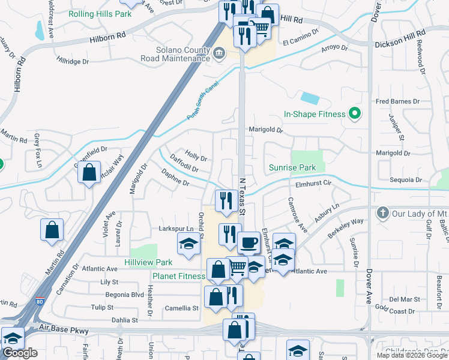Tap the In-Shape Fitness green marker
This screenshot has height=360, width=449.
(354, 113)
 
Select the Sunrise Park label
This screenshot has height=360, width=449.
(292, 167)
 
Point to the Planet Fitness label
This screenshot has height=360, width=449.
(178, 276)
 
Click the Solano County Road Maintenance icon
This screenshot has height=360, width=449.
(219, 54)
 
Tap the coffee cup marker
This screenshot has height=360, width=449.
(249, 243)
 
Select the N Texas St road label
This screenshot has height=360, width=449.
(243, 196)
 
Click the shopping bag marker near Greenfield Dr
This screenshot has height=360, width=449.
(89, 173)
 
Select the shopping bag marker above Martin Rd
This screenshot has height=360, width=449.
(52, 230)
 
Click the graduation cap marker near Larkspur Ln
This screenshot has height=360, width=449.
(188, 244)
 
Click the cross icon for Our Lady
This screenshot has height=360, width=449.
(382, 213)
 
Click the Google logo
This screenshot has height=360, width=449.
(20, 353)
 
